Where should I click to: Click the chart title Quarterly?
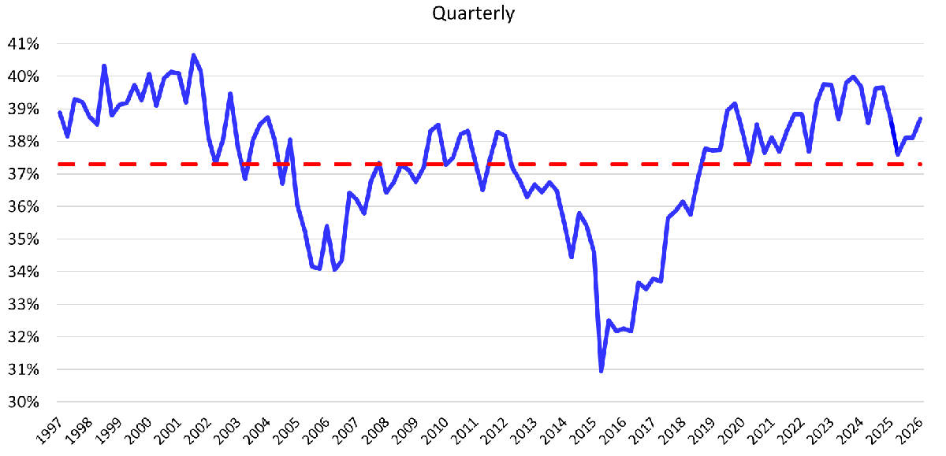473,14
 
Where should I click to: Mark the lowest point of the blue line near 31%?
601,371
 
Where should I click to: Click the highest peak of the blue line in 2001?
194,55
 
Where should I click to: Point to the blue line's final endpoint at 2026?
921,119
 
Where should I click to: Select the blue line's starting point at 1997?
60,113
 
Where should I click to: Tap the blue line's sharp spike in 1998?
105,66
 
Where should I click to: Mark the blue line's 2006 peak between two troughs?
326,226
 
